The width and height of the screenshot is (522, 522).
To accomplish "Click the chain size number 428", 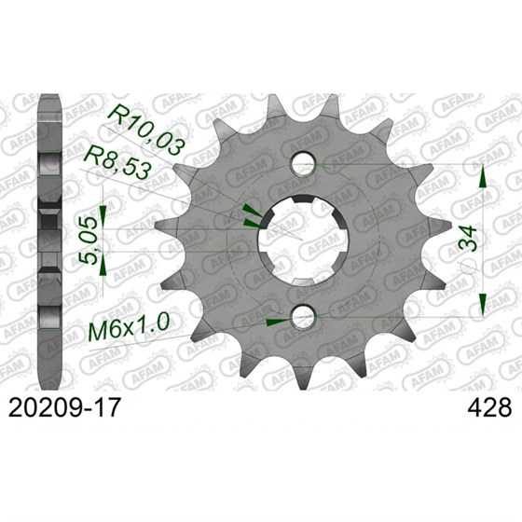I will (x=485, y=407).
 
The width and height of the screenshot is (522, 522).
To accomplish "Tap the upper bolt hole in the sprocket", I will (x=301, y=165).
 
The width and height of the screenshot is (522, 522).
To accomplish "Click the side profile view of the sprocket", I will (x=48, y=242).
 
